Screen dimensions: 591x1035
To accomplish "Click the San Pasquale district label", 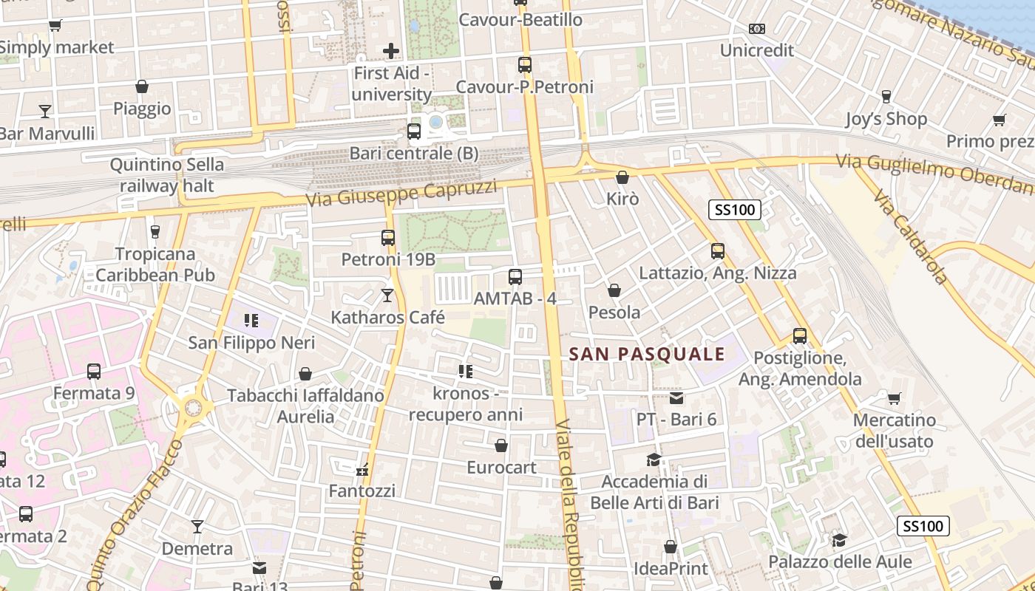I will pyautogui.click(x=647, y=355).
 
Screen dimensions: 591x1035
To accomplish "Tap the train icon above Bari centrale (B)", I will pyautogui.click(x=414, y=131).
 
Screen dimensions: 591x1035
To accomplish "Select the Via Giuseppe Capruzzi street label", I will pyautogui.click(x=401, y=194).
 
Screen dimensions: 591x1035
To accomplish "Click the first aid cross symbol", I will pyautogui.click(x=391, y=51).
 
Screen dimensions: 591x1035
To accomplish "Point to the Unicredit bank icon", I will pyautogui.click(x=756, y=29).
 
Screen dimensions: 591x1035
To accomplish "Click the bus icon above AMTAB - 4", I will pyautogui.click(x=515, y=277).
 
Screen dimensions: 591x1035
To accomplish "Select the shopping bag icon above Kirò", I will pyautogui.click(x=622, y=177).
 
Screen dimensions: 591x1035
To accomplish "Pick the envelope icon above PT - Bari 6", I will pyautogui.click(x=676, y=398).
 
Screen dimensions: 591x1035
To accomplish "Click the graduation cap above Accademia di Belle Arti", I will pyautogui.click(x=654, y=460).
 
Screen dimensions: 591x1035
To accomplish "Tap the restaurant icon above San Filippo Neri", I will pyautogui.click(x=251, y=321).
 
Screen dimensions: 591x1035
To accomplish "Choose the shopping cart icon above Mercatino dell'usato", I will pyautogui.click(x=894, y=399).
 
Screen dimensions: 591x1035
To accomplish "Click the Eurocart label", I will pyautogui.click(x=501, y=468).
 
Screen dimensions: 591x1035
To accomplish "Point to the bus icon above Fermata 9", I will pyautogui.click(x=94, y=372).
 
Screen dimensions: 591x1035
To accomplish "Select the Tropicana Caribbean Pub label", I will pyautogui.click(x=155, y=264).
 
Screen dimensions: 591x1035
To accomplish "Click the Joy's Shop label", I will pyautogui.click(x=886, y=119).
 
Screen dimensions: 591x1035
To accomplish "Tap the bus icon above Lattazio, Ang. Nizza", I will pyautogui.click(x=718, y=251).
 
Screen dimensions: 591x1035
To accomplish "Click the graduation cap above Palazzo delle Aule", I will pyautogui.click(x=839, y=540).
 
